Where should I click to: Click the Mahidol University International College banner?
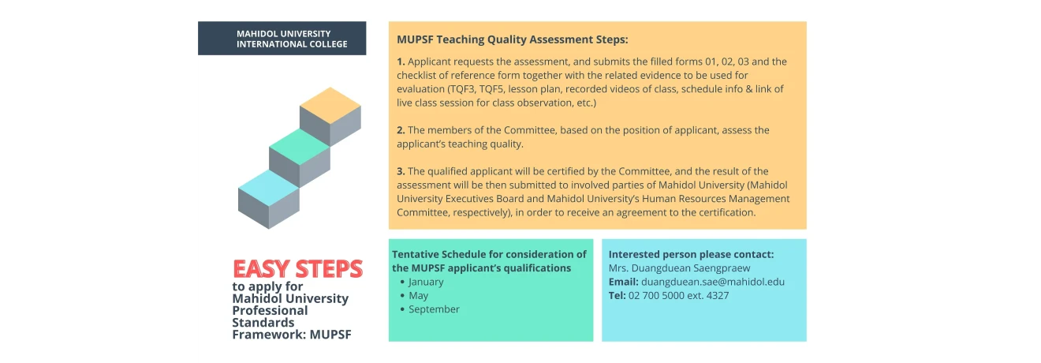(282, 39)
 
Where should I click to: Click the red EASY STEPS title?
(297, 269)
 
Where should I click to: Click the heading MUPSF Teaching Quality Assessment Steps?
(513, 39)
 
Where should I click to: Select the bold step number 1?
(401, 62)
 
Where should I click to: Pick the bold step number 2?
(401, 130)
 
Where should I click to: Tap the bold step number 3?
(401, 171)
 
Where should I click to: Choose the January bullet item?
(426, 282)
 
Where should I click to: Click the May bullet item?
(418, 296)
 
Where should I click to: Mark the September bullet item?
(434, 309)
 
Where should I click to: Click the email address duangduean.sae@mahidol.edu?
(713, 282)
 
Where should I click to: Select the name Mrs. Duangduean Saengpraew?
(679, 268)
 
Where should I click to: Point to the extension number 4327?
(717, 296)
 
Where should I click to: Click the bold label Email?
(623, 282)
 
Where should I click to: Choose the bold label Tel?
(617, 296)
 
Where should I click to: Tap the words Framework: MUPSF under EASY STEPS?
(292, 335)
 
